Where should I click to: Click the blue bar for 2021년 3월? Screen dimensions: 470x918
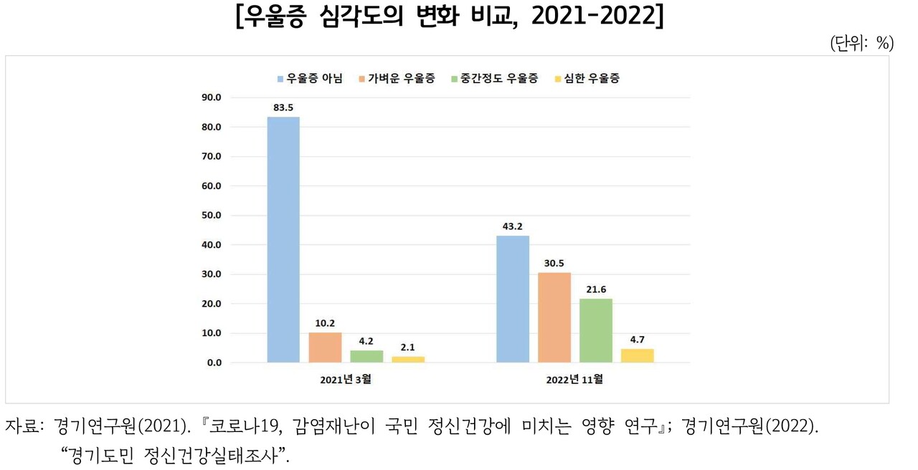click(x=283, y=239)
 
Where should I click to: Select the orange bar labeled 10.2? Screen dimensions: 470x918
click(x=325, y=347)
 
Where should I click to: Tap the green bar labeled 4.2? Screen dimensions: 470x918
click(x=366, y=356)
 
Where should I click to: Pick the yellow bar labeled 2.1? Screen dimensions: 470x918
click(x=407, y=359)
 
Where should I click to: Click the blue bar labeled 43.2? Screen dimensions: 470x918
click(x=513, y=299)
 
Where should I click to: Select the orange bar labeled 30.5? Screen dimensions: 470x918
click(x=554, y=317)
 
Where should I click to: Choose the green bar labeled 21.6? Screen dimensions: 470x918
click(x=596, y=330)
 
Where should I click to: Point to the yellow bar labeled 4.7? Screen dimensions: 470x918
click(x=638, y=355)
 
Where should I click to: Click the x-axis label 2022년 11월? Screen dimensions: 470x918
click(x=576, y=380)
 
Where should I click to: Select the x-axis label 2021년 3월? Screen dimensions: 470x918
click(x=346, y=380)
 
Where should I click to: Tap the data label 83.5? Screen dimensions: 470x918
click(x=283, y=107)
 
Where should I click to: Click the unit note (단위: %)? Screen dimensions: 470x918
click(x=861, y=44)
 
